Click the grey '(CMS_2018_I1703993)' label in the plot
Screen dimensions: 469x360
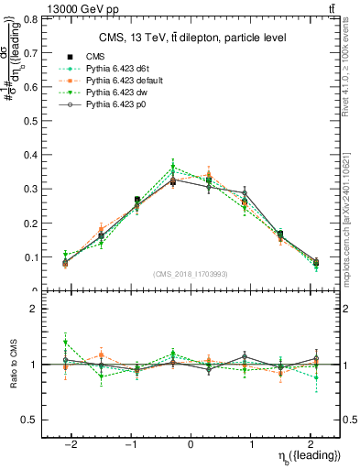(191, 273)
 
